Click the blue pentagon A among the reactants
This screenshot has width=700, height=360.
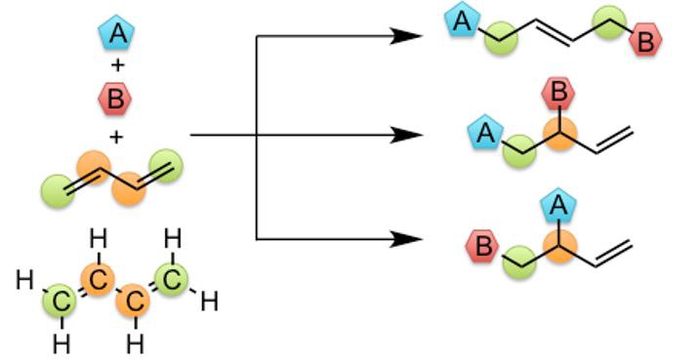coord(118,35)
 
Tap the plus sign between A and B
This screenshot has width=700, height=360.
coord(118,67)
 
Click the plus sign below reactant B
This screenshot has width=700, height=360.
coord(117,136)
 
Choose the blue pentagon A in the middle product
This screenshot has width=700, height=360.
coord(485,133)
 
